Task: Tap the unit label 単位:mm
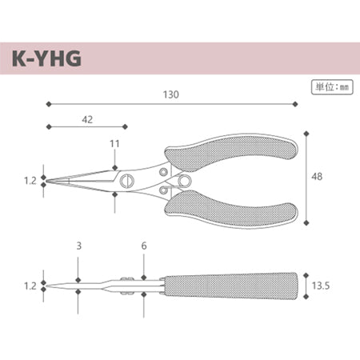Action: (330, 86)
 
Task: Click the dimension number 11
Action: (114, 143)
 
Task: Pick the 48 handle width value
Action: (318, 177)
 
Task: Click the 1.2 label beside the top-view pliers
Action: (30, 182)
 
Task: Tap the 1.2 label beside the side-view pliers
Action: (30, 285)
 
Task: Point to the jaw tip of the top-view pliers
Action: (50, 182)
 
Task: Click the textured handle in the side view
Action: (232, 284)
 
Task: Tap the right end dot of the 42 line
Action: (126, 126)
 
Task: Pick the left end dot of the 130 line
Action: (48, 104)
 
